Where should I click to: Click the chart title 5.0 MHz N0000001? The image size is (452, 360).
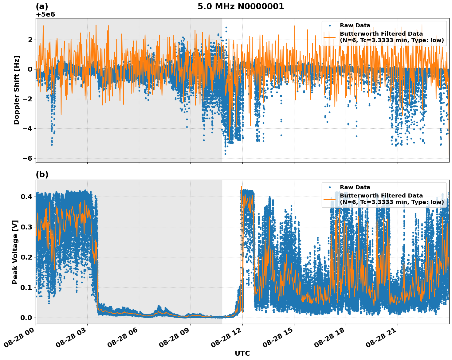point(241,6)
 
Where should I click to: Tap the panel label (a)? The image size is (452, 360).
point(42,6)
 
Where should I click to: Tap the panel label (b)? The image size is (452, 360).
point(42,174)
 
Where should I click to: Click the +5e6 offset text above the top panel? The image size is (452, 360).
point(45,14)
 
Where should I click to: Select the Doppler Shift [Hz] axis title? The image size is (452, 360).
point(17,90)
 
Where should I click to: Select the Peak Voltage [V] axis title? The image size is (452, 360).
point(15,252)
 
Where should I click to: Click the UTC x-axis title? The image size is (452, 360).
point(242,353)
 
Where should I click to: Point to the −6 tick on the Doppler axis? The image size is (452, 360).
point(28,158)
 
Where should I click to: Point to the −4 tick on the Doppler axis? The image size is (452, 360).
point(28,128)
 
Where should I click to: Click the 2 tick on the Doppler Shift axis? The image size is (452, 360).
point(30,40)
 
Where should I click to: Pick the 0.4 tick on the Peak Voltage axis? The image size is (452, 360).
point(26,197)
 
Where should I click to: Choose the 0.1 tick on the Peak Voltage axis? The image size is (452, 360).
point(26,288)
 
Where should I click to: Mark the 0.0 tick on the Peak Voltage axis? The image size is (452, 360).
point(26,318)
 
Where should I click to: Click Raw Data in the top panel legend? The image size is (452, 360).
point(355,25)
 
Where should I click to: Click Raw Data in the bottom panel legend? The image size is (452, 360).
point(355,187)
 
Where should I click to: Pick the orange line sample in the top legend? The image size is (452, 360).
point(330,37)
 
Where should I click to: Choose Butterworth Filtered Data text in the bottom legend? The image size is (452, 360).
point(381,196)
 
